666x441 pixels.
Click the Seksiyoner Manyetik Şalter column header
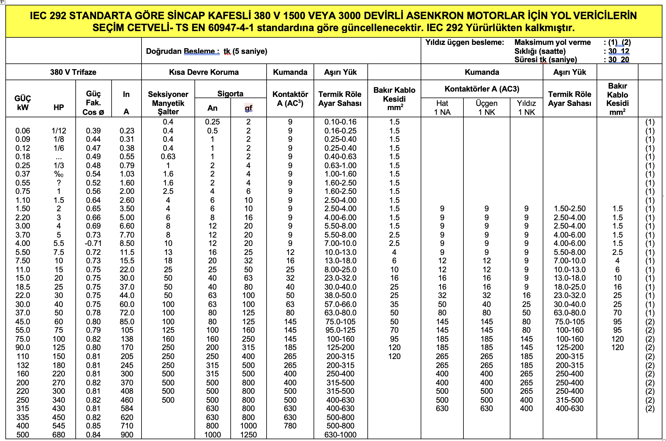click(168, 103)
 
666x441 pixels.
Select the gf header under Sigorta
click(248, 108)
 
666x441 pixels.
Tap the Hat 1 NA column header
click(442, 108)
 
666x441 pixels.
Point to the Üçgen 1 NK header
click(486, 108)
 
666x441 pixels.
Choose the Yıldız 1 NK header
click(526, 108)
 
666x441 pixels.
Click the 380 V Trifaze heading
click(73, 72)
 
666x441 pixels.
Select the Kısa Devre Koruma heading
click(204, 72)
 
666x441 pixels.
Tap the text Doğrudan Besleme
click(183, 51)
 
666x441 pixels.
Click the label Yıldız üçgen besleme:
click(465, 42)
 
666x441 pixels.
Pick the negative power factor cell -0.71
click(93, 243)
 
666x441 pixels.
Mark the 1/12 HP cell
click(59, 131)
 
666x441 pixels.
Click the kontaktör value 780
click(290, 426)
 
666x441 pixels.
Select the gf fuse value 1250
click(248, 435)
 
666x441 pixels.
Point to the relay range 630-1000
click(340, 435)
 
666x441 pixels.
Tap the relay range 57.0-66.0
click(340, 304)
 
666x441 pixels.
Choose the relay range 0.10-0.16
click(340, 122)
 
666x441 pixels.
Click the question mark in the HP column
click(59, 183)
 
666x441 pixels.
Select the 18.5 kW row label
click(23, 287)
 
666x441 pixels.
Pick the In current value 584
click(127, 408)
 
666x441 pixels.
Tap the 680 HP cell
click(59, 435)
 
